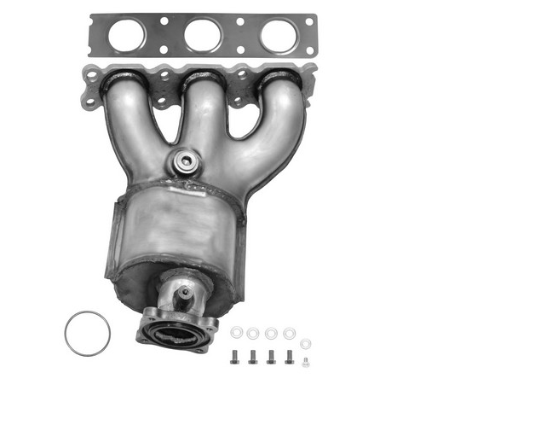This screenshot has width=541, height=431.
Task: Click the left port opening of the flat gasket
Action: pyautogui.click(x=126, y=36)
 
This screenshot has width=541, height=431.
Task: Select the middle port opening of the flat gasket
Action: pyautogui.click(x=203, y=36)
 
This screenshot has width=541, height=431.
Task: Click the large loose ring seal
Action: pyautogui.click(x=87, y=334)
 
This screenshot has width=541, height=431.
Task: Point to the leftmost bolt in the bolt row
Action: pyautogui.click(x=235, y=357)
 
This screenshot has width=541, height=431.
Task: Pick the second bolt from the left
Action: pyautogui.click(x=253, y=357)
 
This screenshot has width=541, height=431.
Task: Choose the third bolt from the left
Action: pyautogui.click(x=272, y=357)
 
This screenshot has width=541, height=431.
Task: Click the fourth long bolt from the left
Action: pyautogui.click(x=290, y=357)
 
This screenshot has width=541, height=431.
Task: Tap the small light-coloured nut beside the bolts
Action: pyautogui.click(x=306, y=362)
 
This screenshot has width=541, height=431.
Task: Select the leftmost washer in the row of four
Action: pyautogui.click(x=236, y=333)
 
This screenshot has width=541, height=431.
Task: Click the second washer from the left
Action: pyautogui.click(x=253, y=333)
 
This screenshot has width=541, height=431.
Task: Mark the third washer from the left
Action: pyautogui.click(x=271, y=333)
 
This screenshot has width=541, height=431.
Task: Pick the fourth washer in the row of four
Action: pyautogui.click(x=289, y=333)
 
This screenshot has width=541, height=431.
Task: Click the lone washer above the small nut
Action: pyautogui.click(x=306, y=344)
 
